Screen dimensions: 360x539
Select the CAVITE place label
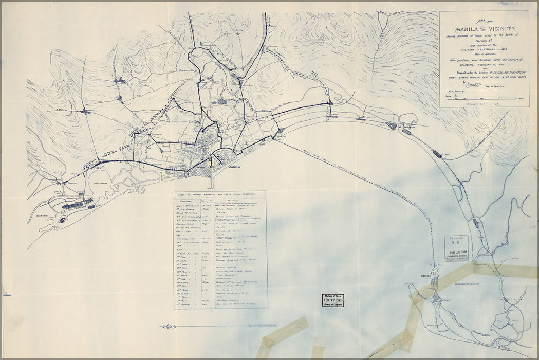pyautogui.click(x=425, y=276)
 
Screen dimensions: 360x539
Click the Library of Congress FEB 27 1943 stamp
pyautogui.click(x=332, y=300)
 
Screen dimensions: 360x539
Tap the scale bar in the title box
pyautogui.click(x=483, y=97)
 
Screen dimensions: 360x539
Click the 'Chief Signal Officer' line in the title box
pyautogui.click(x=484, y=78)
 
